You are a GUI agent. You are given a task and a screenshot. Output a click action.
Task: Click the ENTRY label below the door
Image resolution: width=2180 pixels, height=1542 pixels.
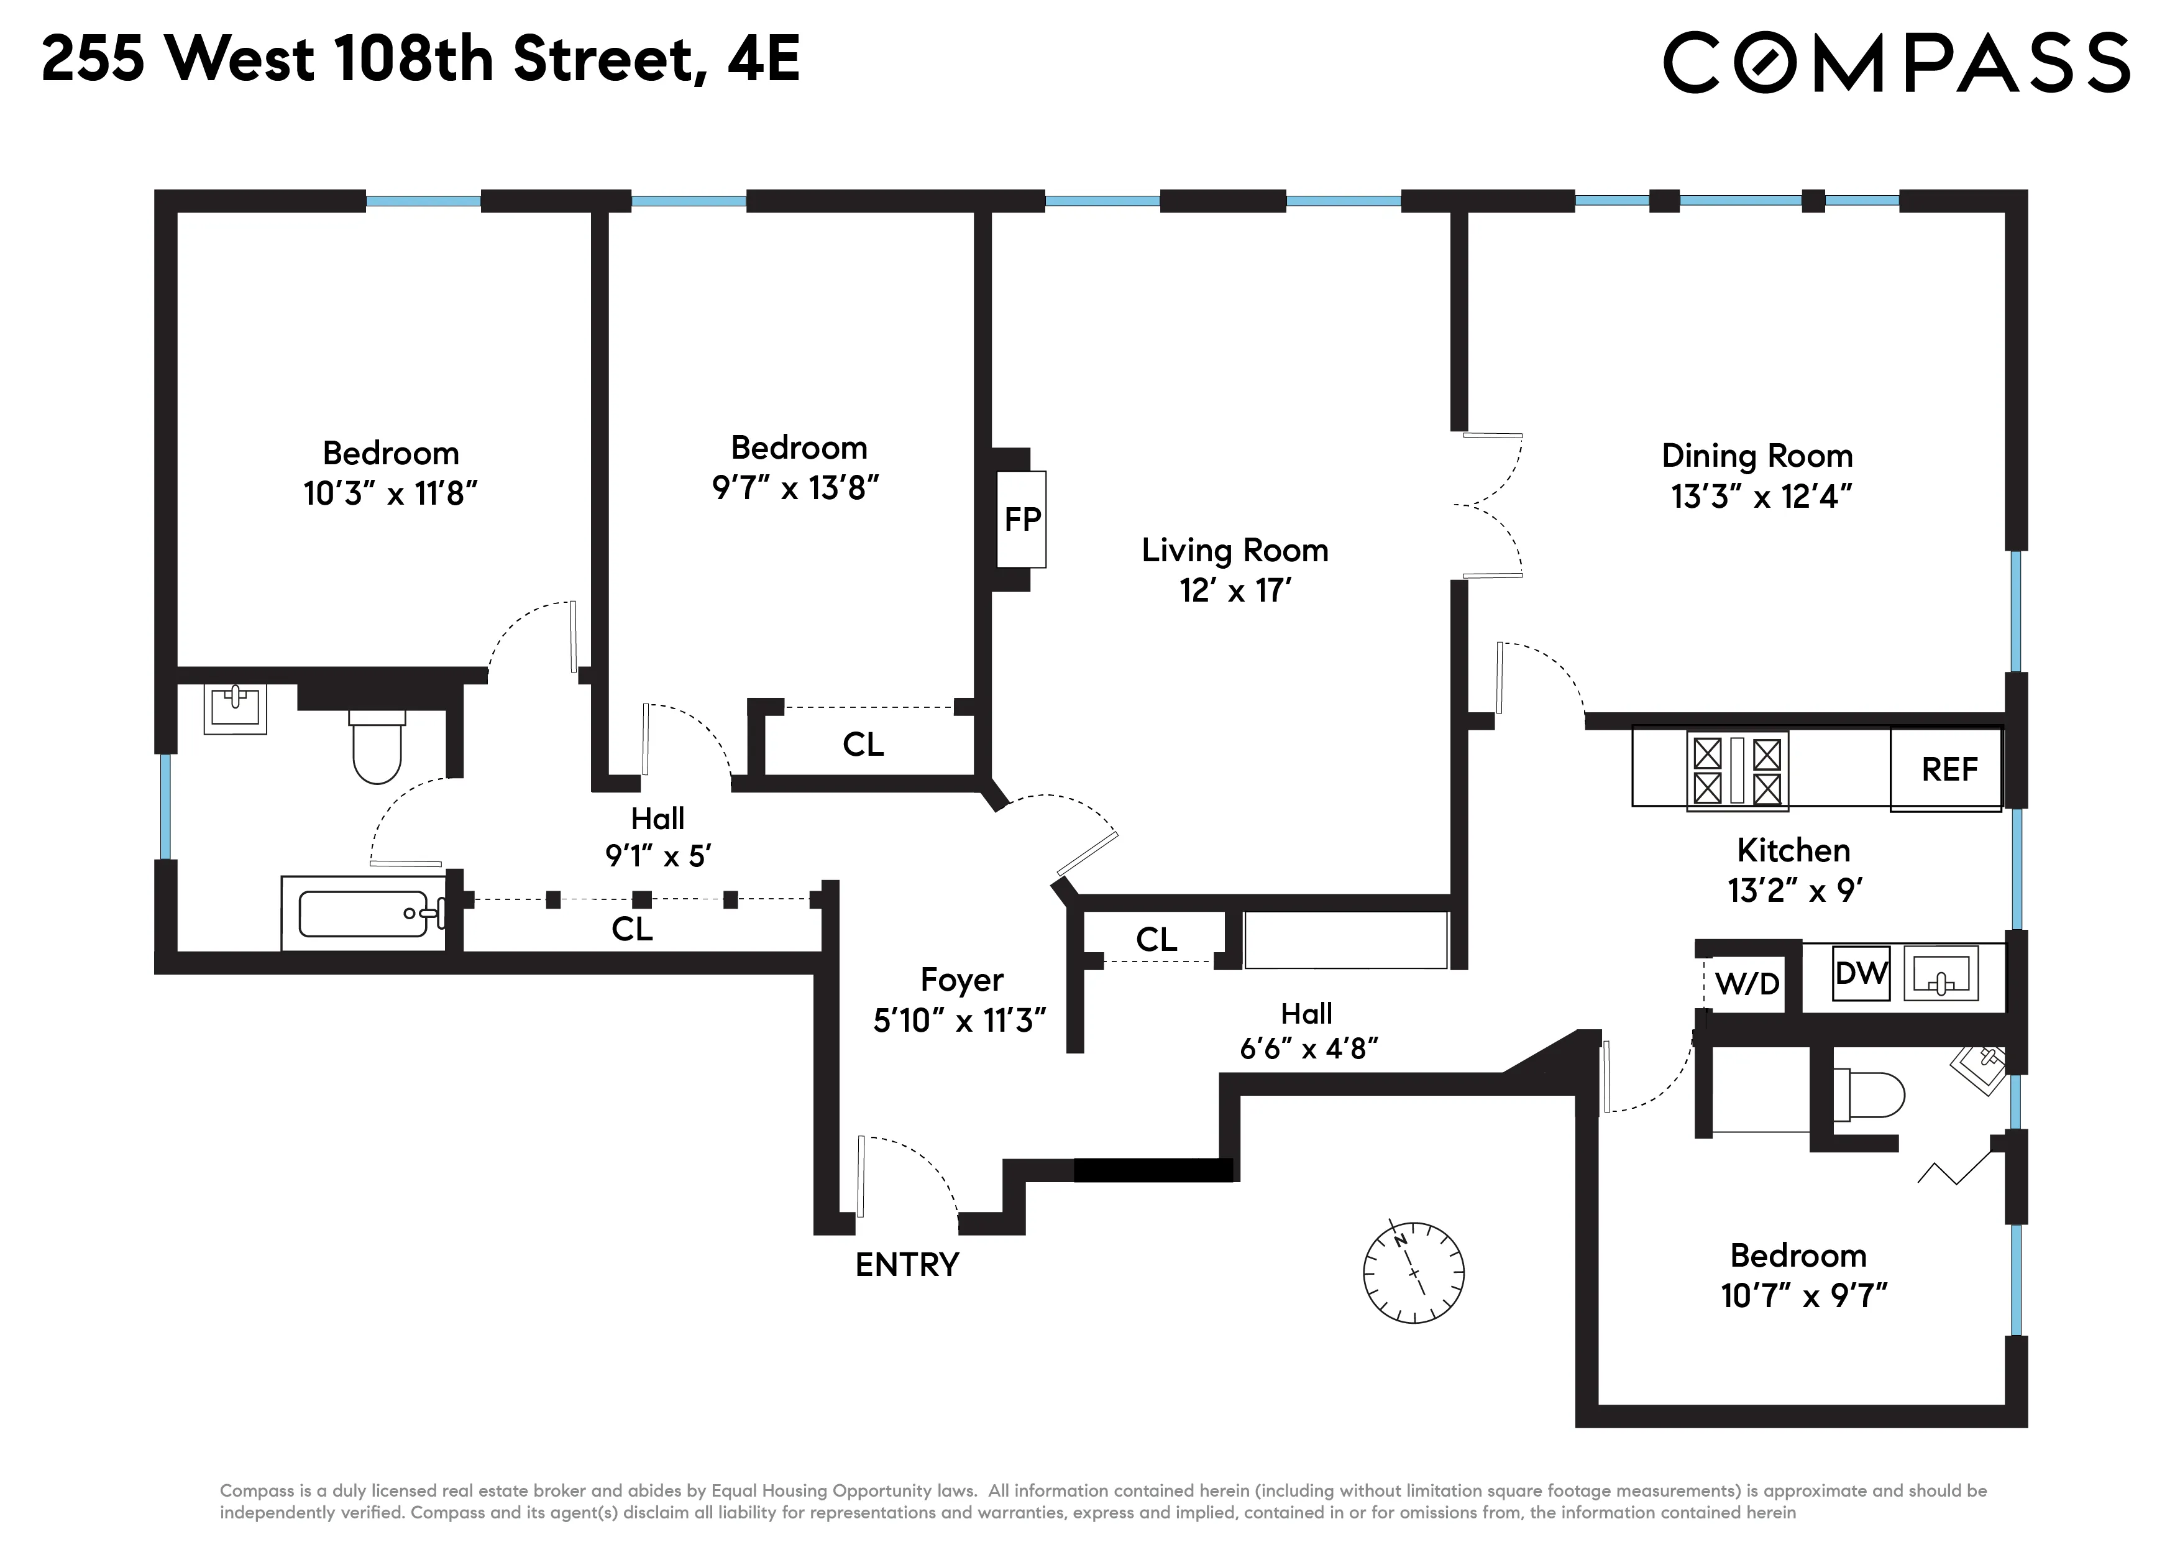click(x=907, y=1265)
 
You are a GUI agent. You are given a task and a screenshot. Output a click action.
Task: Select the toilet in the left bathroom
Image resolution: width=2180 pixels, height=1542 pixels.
click(x=377, y=748)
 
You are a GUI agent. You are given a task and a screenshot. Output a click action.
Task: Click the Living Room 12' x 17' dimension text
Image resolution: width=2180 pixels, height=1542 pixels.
click(x=1235, y=590)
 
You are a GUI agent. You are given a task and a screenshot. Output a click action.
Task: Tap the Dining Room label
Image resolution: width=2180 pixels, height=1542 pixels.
click(x=1757, y=456)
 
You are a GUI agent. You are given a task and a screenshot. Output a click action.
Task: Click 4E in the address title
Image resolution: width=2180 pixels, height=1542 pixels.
click(x=764, y=59)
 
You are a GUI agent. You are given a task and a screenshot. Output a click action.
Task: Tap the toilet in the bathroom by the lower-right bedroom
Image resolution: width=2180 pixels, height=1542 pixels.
click(x=1867, y=1095)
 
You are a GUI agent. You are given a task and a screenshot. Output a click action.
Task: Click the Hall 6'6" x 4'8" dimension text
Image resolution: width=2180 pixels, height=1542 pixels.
click(x=1308, y=1049)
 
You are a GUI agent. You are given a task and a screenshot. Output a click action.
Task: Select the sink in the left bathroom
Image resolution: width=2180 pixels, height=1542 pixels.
click(x=236, y=709)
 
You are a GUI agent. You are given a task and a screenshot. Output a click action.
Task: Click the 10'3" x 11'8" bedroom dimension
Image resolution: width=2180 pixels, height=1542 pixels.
click(x=390, y=493)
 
